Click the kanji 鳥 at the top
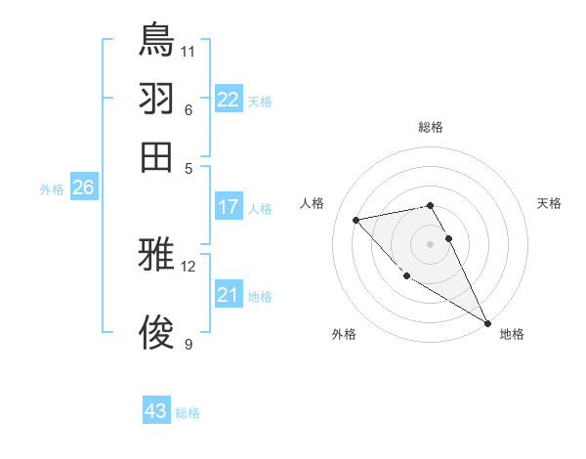(156, 40)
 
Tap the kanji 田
(156, 156)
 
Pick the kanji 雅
(156, 256)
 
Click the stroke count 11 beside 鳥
(188, 50)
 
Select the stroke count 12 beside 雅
(188, 266)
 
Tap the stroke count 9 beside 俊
(188, 344)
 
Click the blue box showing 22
(229, 100)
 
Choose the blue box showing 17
(229, 206)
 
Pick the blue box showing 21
(229, 295)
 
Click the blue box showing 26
(83, 188)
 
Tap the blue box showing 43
(156, 411)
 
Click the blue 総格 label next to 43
(188, 413)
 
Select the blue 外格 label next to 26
(52, 190)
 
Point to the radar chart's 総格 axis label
(431, 127)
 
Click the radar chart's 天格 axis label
(550, 203)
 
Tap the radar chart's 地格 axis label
(512, 335)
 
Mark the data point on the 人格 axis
(356, 220)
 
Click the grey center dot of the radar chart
(431, 243)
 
